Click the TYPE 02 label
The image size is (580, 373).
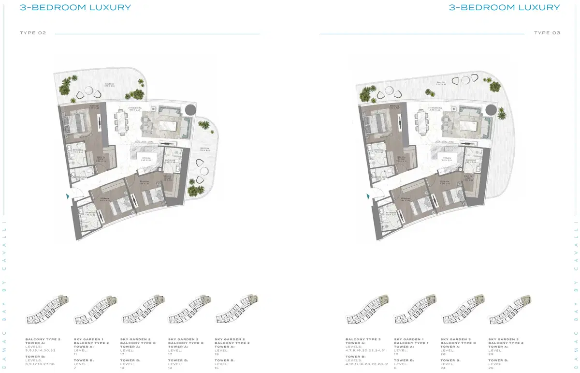pos(33,33)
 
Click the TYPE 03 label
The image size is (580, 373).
pos(547,33)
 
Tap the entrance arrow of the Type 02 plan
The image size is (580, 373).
pos(67,196)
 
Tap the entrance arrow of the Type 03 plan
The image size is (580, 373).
pos(368,196)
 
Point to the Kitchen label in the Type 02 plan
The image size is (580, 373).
pos(146,158)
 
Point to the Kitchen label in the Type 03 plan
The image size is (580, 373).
pos(448,158)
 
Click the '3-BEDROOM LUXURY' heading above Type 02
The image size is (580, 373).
pos(75,8)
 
